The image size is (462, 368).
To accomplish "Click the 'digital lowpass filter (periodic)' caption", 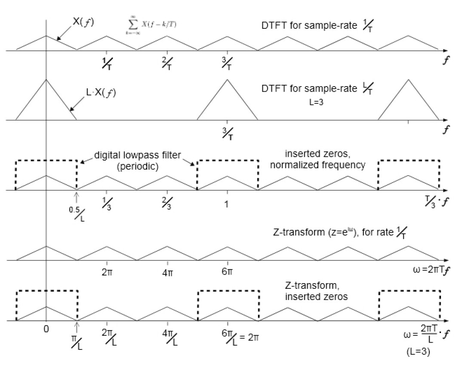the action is click(138, 161).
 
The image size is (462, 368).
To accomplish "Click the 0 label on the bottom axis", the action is click(46, 330).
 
